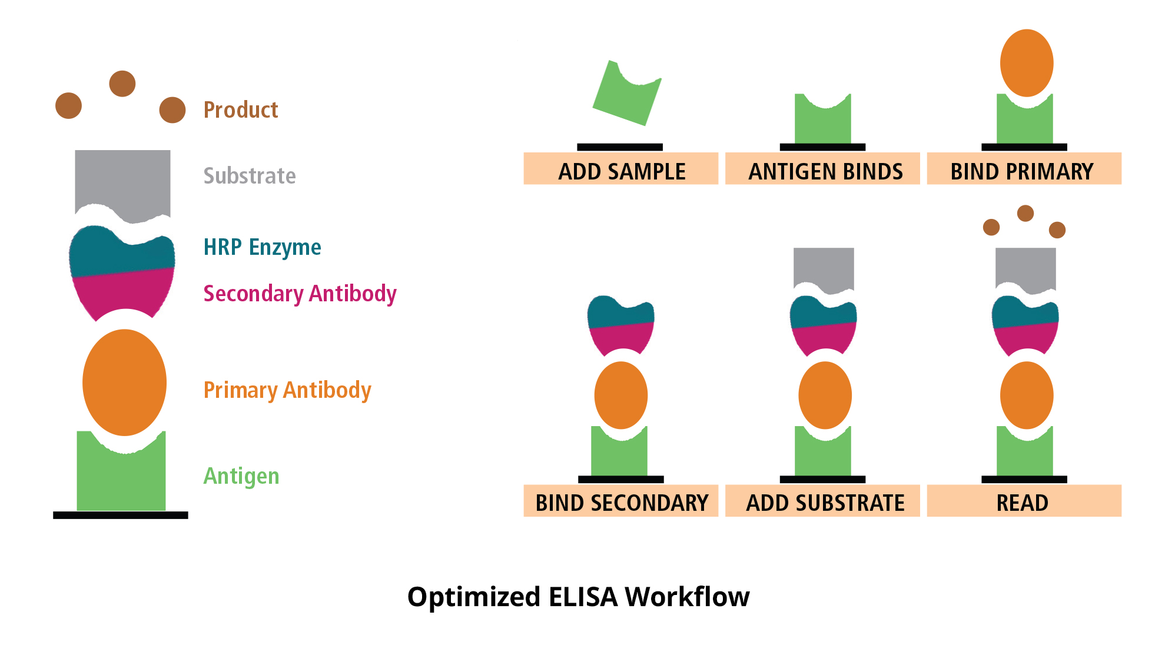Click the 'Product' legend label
coord(240,110)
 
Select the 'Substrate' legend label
coord(250,176)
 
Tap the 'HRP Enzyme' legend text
coord(262,247)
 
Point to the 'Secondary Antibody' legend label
coord(300,293)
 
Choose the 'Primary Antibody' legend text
coord(287,390)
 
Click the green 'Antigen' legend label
coord(241,476)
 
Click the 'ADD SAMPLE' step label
coord(621,171)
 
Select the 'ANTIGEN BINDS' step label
coord(825,171)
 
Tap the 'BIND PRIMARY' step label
coord(1022,171)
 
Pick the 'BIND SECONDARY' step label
coord(621,503)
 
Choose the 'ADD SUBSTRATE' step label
coord(825,503)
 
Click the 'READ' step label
coord(1022,503)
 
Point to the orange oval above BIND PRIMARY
coord(1027,63)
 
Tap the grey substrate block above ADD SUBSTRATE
coord(824,268)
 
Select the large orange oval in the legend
coord(124,383)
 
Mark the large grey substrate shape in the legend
coord(122,179)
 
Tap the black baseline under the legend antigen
coord(121,515)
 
